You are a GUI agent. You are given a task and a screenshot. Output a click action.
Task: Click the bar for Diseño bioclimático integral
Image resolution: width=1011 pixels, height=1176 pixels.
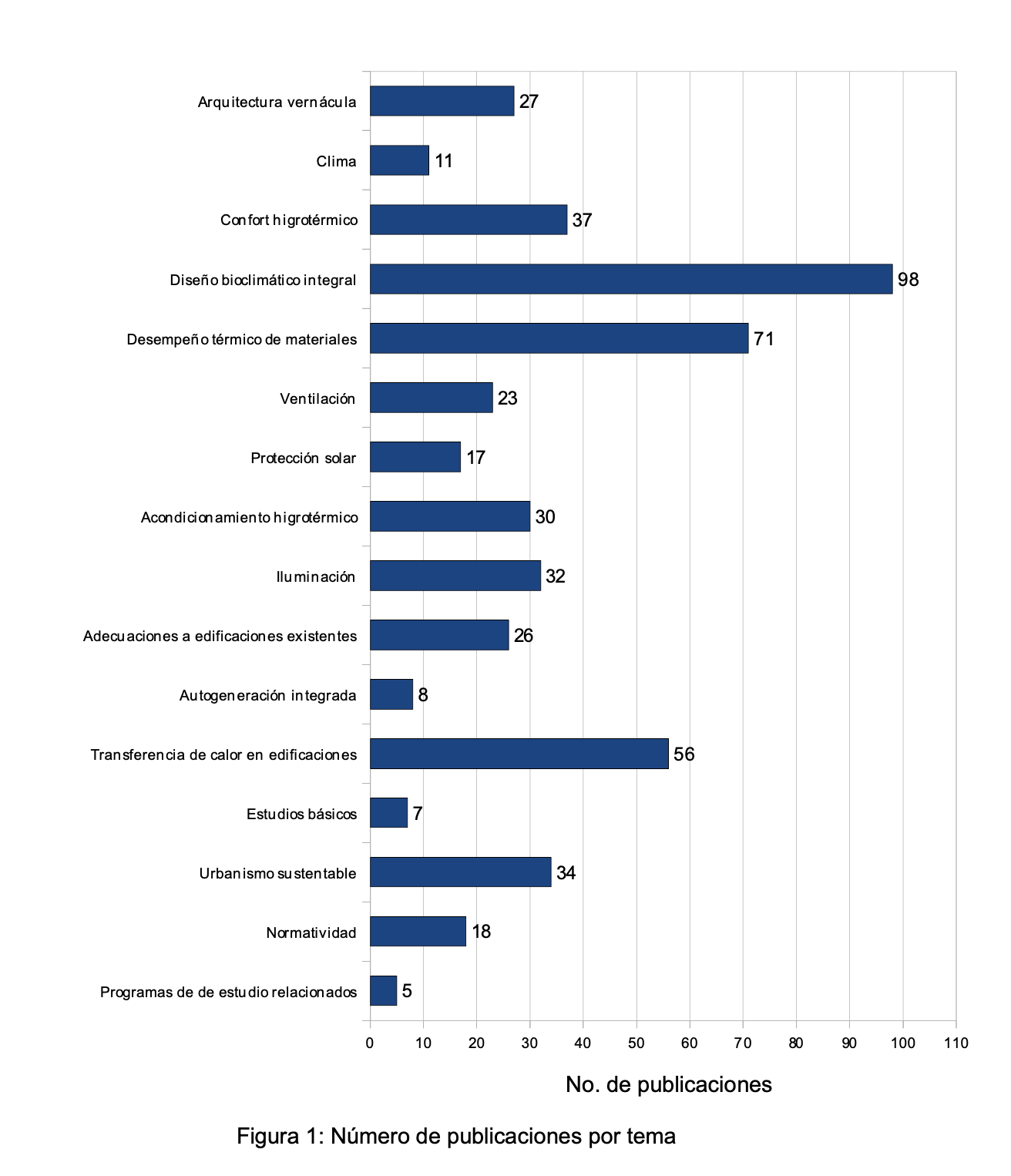point(630,279)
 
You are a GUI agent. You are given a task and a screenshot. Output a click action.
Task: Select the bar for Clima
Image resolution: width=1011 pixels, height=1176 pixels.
point(399,160)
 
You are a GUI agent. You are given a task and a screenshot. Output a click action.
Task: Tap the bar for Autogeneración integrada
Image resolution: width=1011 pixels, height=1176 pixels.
point(391,694)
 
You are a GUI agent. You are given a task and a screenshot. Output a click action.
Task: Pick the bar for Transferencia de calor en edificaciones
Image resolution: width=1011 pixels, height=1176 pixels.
point(519,754)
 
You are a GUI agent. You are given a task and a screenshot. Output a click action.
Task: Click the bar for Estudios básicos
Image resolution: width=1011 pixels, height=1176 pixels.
point(388,813)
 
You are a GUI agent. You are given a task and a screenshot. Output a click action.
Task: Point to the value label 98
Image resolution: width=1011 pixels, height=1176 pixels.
point(909,280)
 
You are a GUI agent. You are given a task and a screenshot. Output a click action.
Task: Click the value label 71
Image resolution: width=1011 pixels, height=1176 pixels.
point(764,339)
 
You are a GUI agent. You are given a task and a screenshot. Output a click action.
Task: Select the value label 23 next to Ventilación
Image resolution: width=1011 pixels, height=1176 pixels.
point(507,398)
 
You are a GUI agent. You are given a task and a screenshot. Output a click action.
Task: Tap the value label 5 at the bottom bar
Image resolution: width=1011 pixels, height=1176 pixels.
point(407,991)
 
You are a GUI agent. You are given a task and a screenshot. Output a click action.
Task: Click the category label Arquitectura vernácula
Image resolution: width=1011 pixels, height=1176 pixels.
point(277,102)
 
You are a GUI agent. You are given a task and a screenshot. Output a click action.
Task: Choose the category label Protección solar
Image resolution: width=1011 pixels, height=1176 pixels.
point(303,459)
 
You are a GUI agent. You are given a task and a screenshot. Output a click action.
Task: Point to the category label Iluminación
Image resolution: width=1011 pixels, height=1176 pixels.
point(315,576)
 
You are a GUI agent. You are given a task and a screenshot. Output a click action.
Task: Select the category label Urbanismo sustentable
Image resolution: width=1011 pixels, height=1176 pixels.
point(277,873)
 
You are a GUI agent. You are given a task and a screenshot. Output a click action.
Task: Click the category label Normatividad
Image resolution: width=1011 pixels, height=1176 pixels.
point(311,932)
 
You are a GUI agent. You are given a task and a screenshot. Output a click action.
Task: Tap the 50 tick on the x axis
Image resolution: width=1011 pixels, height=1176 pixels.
point(636,1043)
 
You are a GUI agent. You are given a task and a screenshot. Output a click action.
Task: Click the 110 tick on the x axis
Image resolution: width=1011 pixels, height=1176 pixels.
point(956,1043)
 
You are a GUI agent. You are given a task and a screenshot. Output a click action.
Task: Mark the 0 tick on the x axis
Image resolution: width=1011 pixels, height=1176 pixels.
point(370,1043)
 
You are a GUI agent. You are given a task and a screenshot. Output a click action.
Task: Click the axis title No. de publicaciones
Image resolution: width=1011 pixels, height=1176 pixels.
point(668,1084)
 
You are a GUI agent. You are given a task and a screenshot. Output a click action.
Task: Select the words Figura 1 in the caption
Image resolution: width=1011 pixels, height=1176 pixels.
point(280,1136)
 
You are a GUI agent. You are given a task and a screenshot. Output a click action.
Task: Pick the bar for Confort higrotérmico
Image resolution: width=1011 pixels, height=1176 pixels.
point(468,220)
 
